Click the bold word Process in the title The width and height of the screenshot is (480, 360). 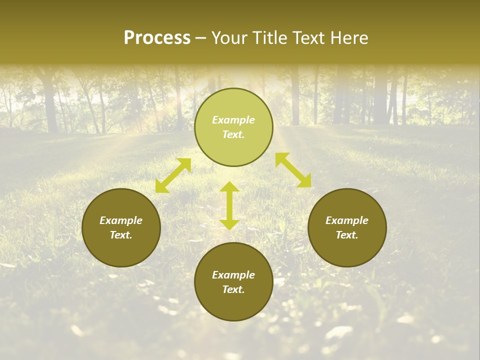click(157, 38)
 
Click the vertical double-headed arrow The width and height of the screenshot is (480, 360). click(229, 206)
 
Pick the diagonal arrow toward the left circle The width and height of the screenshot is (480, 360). click(173, 175)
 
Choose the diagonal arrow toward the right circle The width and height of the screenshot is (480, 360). click(293, 170)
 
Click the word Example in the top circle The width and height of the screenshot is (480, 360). click(233, 120)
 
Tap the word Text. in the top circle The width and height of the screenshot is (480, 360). click(233, 134)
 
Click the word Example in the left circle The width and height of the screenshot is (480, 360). click(121, 220)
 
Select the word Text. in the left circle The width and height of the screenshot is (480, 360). click(121, 235)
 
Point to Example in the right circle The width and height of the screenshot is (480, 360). click(347, 220)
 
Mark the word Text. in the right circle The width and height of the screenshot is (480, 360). click(347, 235)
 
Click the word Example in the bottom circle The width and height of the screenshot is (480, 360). click(233, 275)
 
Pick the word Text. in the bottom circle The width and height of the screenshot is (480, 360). click(233, 289)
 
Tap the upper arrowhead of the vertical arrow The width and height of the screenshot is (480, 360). click(229, 187)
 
